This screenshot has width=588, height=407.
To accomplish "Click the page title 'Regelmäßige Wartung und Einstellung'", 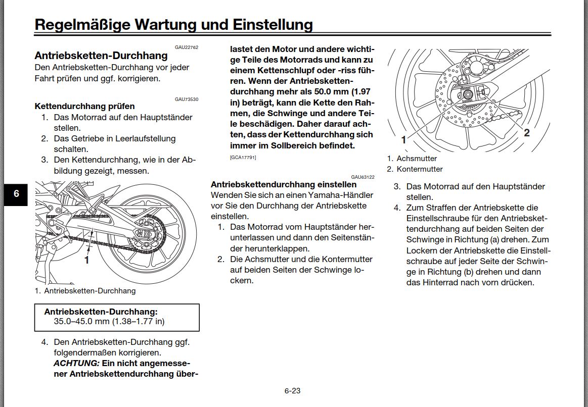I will click(x=173, y=24).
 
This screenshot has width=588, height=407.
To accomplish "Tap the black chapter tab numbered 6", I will click(x=16, y=194).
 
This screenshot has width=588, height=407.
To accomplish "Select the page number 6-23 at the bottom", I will click(x=292, y=390).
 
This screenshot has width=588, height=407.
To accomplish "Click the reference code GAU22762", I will click(x=187, y=47).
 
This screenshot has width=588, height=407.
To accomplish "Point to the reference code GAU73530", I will click(x=187, y=99).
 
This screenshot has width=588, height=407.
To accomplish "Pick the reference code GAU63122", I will click(x=363, y=177).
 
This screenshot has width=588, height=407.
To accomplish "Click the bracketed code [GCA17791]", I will click(x=243, y=158).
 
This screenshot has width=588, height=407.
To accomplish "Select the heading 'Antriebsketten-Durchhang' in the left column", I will click(x=101, y=56).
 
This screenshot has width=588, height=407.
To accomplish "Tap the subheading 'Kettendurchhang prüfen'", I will click(x=84, y=106).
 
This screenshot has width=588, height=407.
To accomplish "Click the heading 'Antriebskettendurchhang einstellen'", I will click(x=284, y=184).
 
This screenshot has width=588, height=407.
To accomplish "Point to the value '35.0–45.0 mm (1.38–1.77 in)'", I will click(x=109, y=321).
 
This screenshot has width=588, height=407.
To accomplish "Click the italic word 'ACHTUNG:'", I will click(x=76, y=363).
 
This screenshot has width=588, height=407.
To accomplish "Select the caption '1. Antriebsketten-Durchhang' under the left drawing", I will click(x=85, y=291).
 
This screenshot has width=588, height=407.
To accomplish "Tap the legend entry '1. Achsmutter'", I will click(x=412, y=159).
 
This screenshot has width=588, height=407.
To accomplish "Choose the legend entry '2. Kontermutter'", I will click(x=415, y=169).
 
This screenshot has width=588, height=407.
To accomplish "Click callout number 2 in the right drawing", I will click(x=527, y=133).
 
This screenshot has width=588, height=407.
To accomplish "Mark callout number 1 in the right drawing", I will click(x=403, y=140).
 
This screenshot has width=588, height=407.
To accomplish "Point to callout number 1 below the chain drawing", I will click(x=86, y=260).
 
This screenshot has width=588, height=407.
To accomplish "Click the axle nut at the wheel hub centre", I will click(x=467, y=95).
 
